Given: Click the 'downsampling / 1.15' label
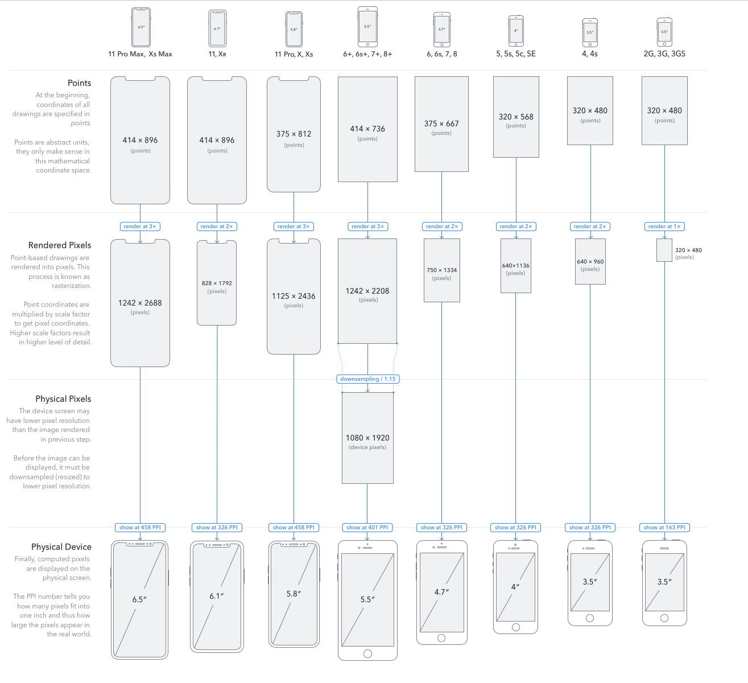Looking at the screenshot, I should [x=367, y=379].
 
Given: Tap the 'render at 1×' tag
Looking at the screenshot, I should [x=664, y=227].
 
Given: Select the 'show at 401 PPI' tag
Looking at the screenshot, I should [x=367, y=528].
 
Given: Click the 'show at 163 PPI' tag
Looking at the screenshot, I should [x=664, y=528].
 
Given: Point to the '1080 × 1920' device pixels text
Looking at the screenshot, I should [x=367, y=438].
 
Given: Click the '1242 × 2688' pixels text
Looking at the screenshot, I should [x=140, y=303].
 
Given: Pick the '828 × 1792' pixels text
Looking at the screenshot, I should [x=217, y=283].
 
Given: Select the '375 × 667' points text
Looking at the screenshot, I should [x=441, y=124].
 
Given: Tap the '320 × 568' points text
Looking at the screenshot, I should [x=516, y=117].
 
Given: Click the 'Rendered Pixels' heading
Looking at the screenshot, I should [x=60, y=245].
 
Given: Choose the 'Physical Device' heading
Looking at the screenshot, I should [x=61, y=547].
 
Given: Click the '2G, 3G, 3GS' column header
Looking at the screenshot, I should [x=664, y=54].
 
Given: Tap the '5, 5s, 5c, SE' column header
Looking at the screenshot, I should [x=516, y=54].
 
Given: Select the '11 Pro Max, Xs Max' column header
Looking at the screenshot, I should [x=140, y=54].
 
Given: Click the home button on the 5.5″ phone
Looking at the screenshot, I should [x=367, y=653].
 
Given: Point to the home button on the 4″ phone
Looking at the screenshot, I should [x=516, y=627].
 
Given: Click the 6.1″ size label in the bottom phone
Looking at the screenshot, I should [x=217, y=596].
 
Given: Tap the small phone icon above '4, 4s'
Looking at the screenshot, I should [x=590, y=32].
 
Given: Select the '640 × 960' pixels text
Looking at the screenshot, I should [x=590, y=262].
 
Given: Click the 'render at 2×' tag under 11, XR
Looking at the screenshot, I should [x=217, y=227].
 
